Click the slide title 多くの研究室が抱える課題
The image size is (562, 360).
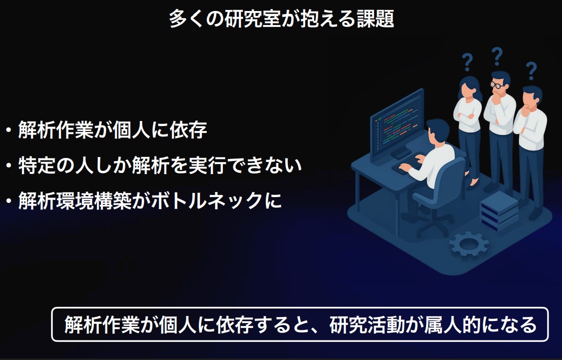click(281, 18)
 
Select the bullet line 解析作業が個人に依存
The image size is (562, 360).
click(112, 130)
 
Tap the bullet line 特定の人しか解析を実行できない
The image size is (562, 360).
click(160, 165)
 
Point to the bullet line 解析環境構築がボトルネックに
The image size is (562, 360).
click(150, 200)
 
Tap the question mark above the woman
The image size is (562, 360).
click(467, 62)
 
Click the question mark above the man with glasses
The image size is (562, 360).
click(497, 56)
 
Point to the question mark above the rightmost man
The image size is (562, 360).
click(531, 70)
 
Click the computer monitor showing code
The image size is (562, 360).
click(397, 124)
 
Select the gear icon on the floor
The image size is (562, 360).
click(469, 243)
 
